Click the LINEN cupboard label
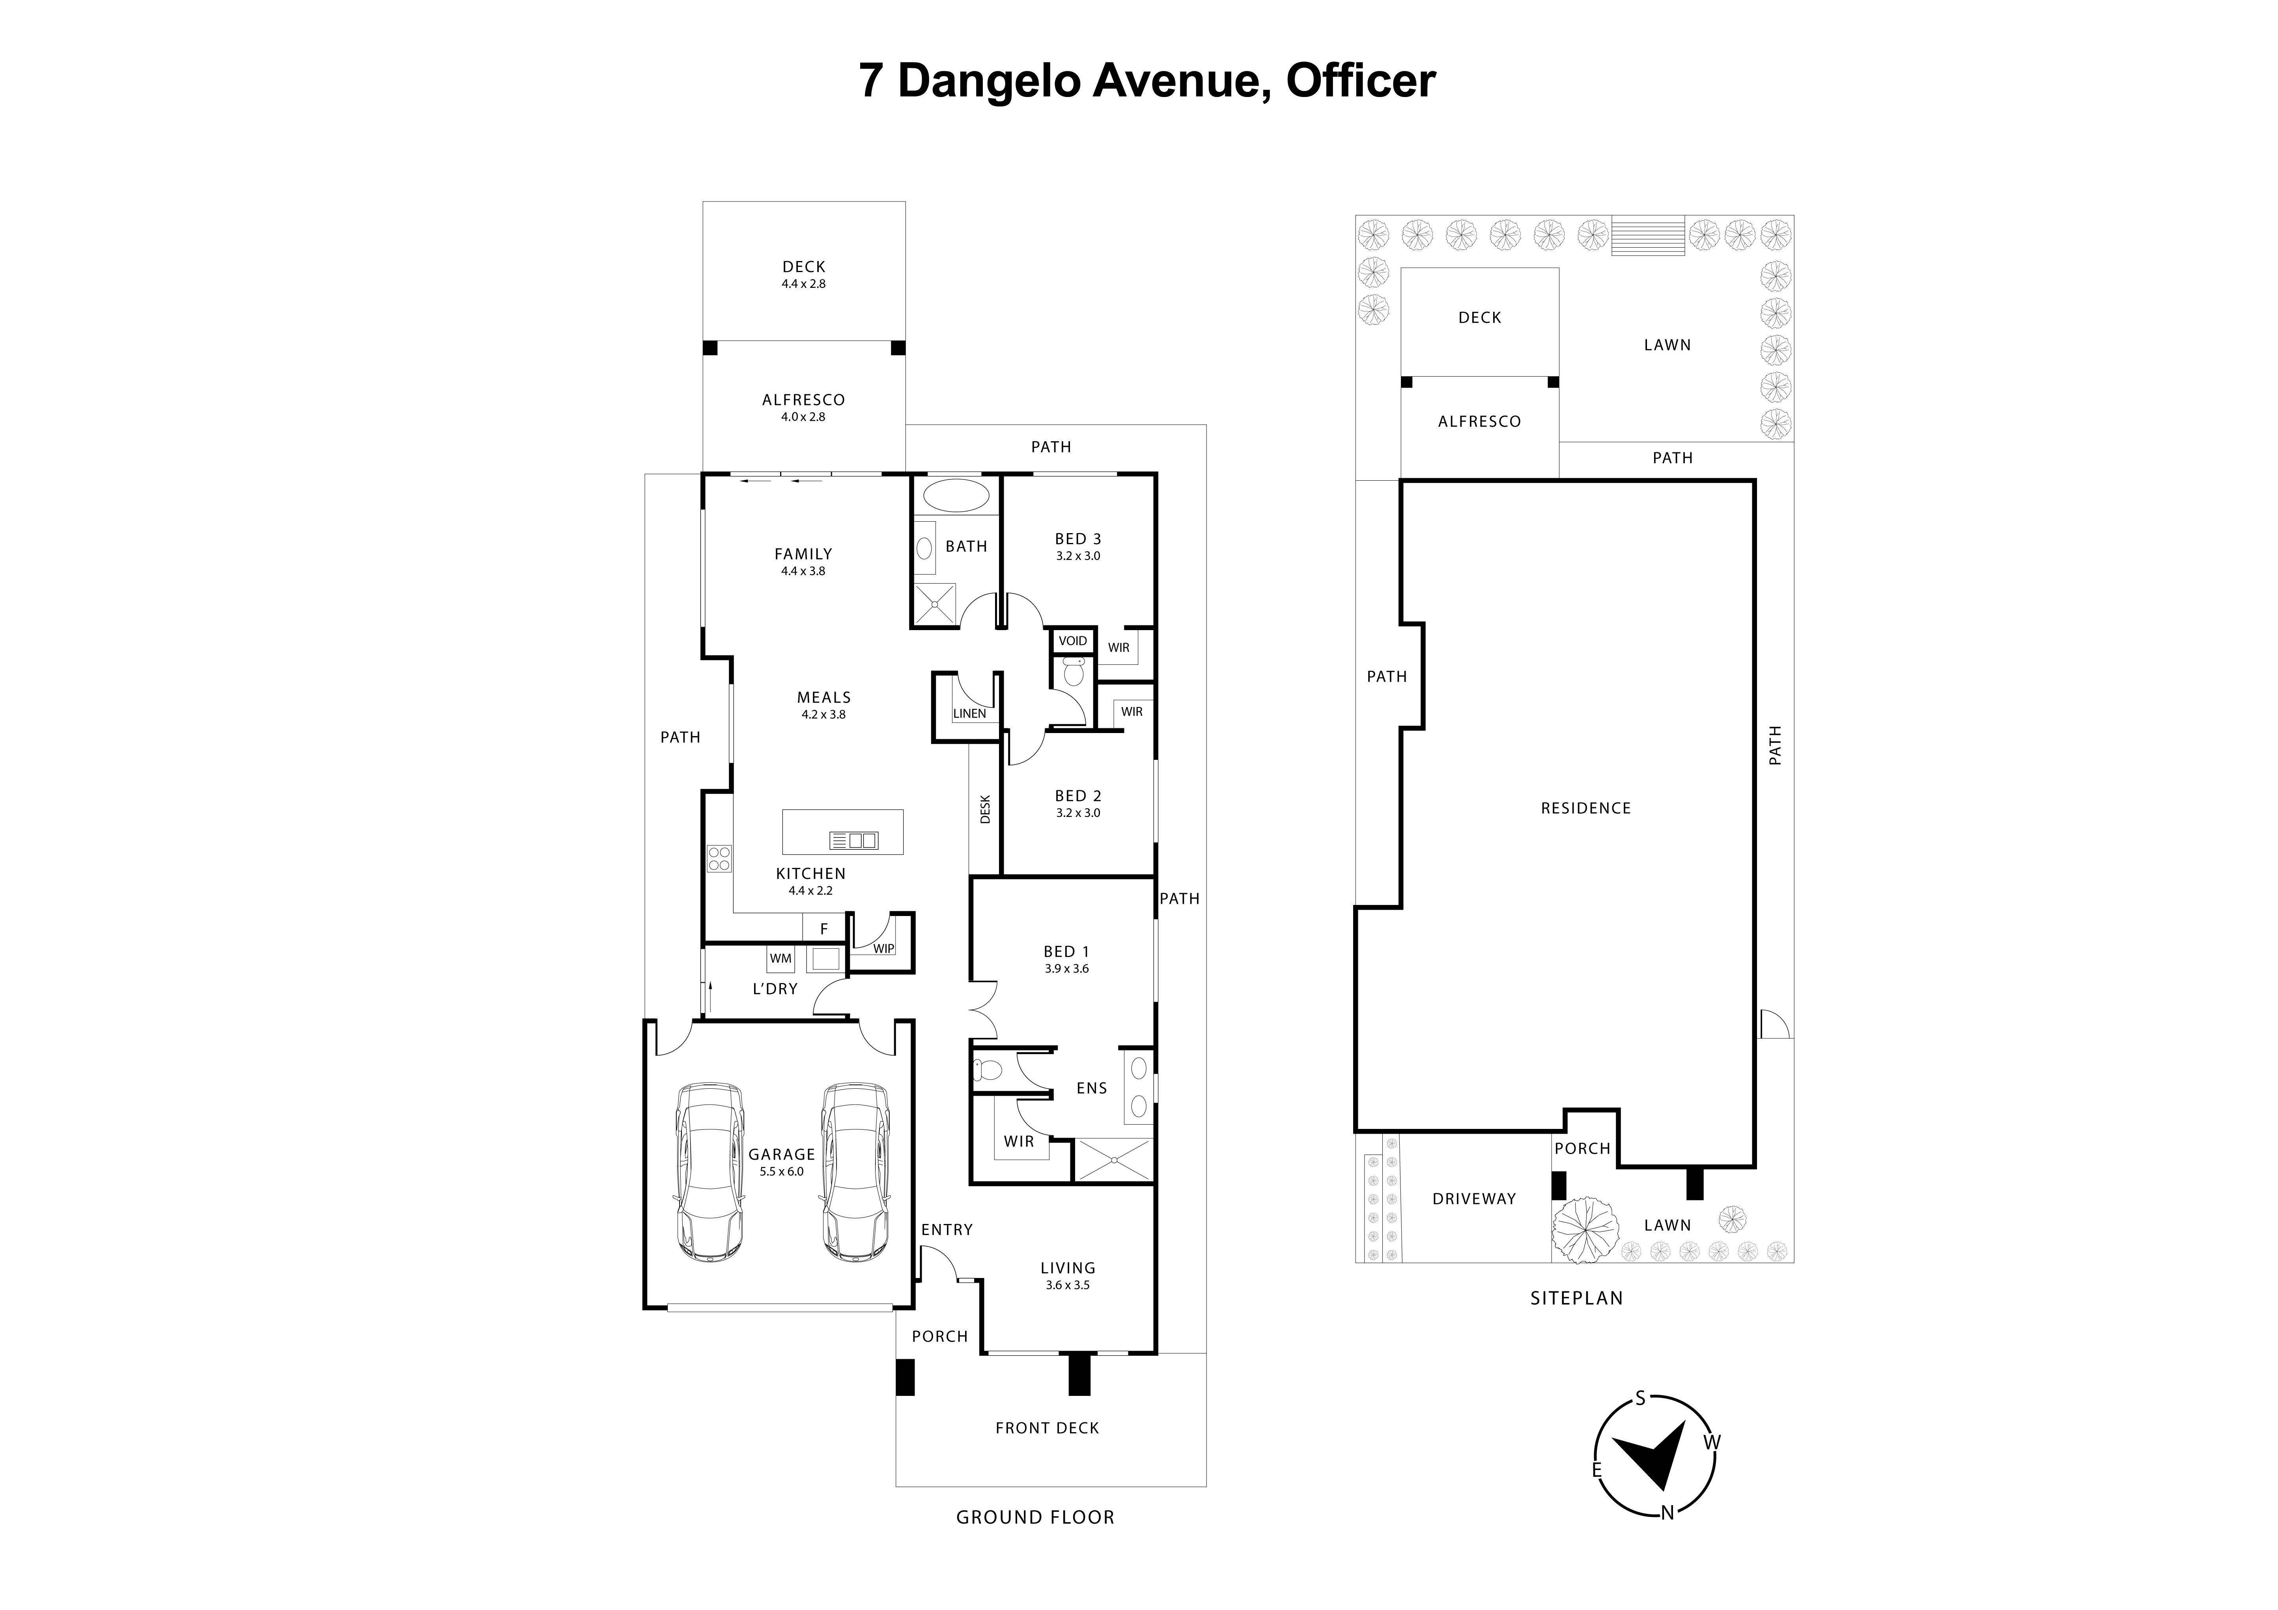(969, 713)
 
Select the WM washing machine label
(781, 958)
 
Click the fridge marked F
(823, 929)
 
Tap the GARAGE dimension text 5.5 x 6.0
(782, 1172)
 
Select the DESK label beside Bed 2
(985, 810)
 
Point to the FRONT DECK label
(1047, 1427)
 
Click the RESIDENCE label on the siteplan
(1585, 808)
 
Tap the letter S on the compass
(1640, 1399)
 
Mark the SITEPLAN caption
(1576, 1298)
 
